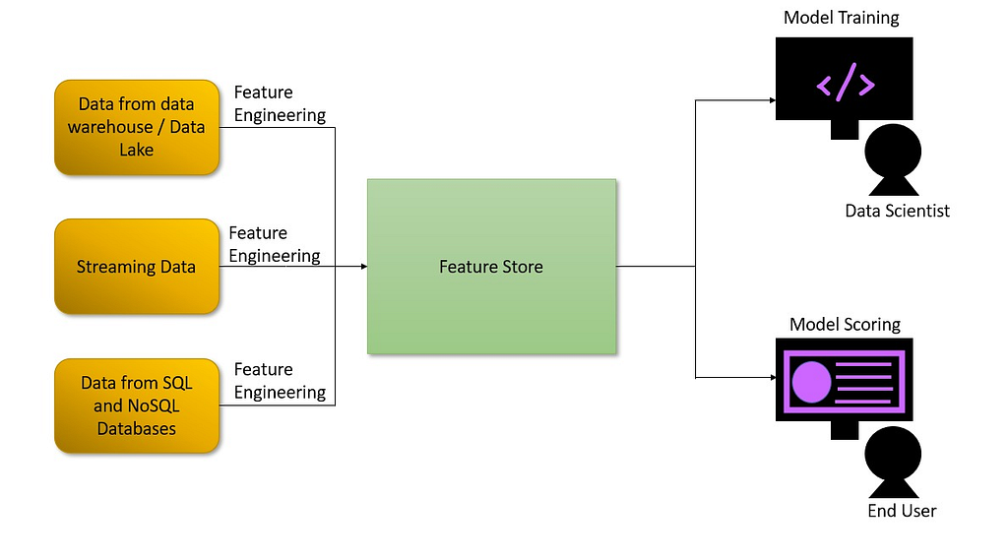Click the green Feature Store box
point(492,266)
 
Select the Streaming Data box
point(137,266)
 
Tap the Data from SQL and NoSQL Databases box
point(137,405)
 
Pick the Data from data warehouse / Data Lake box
point(137,127)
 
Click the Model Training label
point(841,18)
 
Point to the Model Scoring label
point(845,324)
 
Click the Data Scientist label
point(897,211)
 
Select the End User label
point(902,511)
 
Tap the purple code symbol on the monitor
point(846,83)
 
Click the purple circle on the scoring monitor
point(811,382)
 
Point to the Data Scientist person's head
point(893,152)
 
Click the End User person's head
point(893,454)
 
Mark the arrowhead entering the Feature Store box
point(364,266)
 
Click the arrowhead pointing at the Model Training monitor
point(773,100)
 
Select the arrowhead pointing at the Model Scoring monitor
point(773,377)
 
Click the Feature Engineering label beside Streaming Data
point(275,244)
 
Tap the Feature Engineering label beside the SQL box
point(280,381)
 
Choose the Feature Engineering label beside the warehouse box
point(280,103)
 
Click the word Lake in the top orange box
point(136,150)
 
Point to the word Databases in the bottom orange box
point(136,429)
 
